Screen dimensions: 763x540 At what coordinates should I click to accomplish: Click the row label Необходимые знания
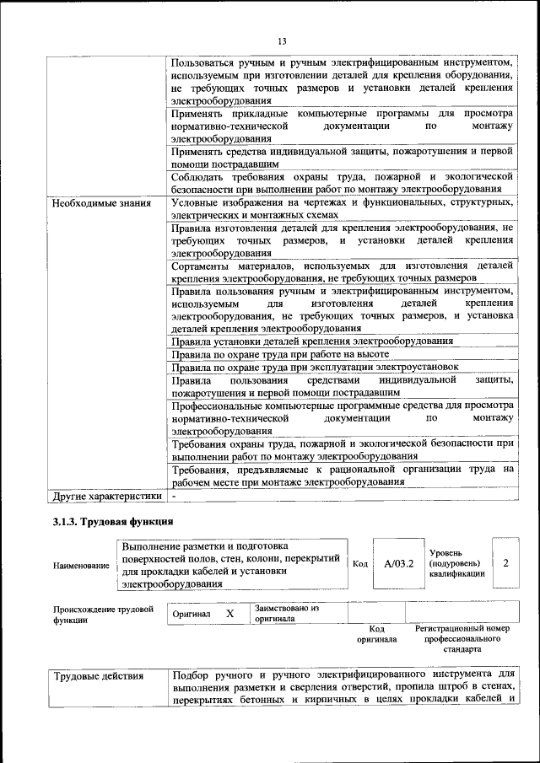point(102,203)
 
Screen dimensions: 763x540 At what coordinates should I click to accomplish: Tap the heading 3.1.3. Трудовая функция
point(113,523)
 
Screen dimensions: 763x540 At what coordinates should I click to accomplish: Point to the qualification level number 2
point(505,562)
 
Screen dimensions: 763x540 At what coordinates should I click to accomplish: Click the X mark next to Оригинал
point(229,615)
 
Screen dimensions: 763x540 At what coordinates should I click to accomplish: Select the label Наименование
point(81,566)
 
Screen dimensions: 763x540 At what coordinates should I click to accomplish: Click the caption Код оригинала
point(377,634)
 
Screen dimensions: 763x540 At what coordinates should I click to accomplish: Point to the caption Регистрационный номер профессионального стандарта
point(462,639)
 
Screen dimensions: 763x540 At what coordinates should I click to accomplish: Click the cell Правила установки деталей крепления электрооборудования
point(313,341)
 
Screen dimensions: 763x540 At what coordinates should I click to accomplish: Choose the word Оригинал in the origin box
point(192,615)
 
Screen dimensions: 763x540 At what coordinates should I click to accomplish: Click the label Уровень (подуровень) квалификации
point(456,562)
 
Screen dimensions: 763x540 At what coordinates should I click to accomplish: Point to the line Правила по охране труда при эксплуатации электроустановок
point(315,367)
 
